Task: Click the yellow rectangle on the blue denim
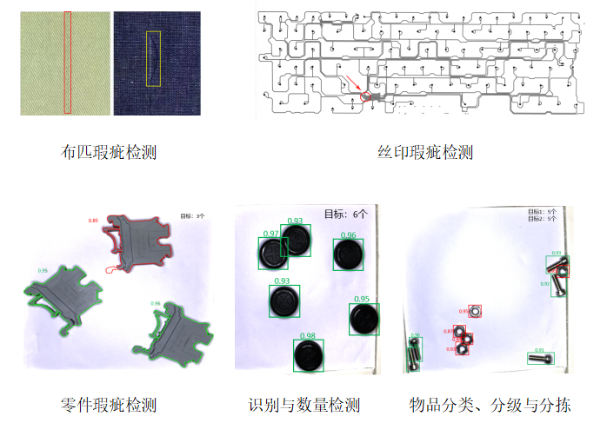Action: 154,58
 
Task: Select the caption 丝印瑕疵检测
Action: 425,153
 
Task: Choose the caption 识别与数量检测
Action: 303,405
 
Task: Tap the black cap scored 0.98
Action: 307,356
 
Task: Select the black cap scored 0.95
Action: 364,319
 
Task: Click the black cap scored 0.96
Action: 348,254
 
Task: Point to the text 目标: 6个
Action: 346,214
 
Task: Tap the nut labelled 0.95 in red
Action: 475,310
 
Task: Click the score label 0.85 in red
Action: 93,221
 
